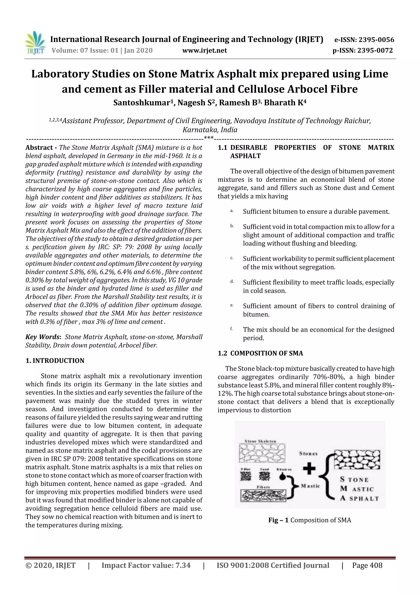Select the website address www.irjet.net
tap(204, 51)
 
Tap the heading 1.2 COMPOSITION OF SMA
tap(260, 353)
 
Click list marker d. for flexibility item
tap(232, 281)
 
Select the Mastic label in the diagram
tap(310, 486)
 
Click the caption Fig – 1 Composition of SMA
tap(309, 520)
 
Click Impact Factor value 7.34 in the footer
tap(146, 565)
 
